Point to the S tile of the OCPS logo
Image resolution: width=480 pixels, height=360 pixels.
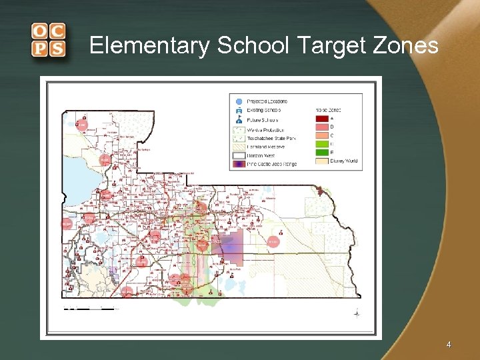point(57,49)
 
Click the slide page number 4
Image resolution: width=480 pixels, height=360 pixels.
point(449,345)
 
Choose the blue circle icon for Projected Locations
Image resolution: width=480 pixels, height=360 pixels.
point(239,101)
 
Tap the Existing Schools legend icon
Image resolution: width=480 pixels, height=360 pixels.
point(239,110)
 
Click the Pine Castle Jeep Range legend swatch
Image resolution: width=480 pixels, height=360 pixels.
point(239,163)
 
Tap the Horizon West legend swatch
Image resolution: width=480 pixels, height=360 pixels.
point(239,155)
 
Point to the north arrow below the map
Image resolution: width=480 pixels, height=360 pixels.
point(357,313)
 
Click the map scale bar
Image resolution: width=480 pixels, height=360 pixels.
point(89,309)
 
